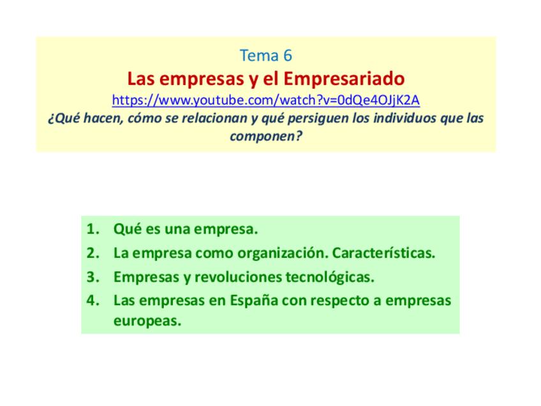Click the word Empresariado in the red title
coord(344,79)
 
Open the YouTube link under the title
coord(265,100)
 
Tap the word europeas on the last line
coord(147,322)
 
